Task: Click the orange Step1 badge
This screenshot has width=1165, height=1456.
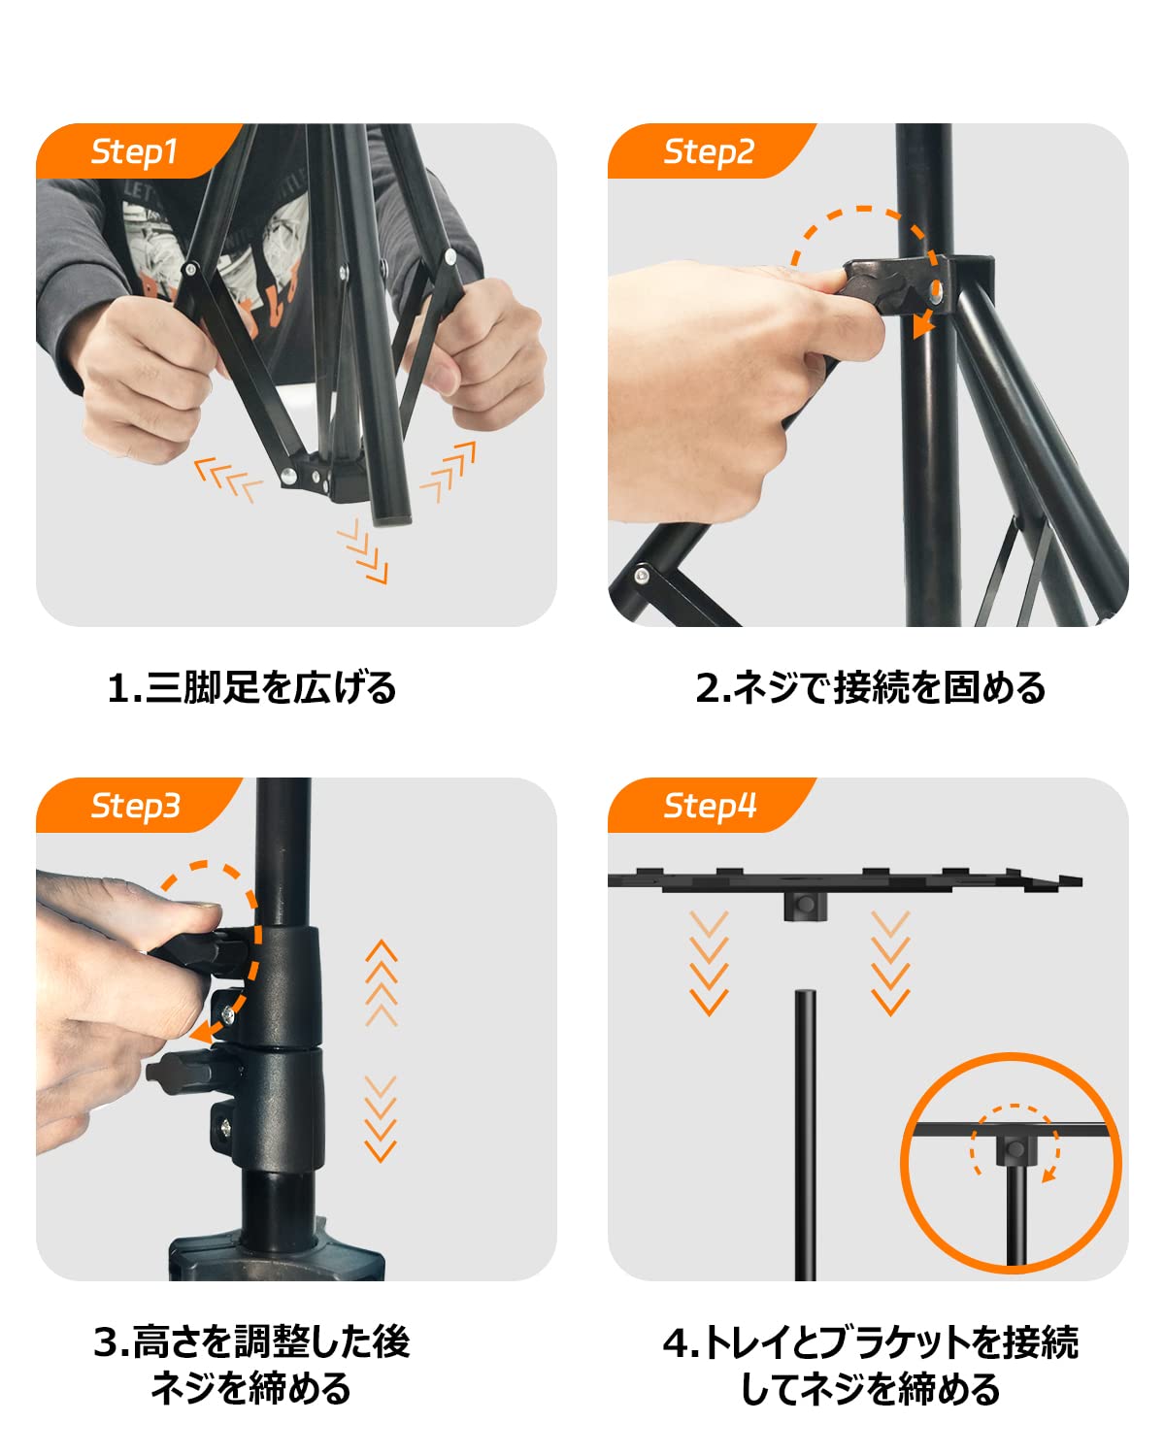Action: [135, 150]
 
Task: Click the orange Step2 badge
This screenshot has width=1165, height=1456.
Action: [708, 150]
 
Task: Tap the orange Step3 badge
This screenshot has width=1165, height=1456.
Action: [135, 805]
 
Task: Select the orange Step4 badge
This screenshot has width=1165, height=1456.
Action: [708, 805]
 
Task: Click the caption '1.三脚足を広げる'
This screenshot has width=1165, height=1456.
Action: [251, 687]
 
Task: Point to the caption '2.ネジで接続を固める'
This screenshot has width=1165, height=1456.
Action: [871, 687]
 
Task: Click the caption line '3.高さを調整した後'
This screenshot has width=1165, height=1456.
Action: [251, 1341]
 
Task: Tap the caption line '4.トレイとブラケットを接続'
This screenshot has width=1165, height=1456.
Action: [871, 1343]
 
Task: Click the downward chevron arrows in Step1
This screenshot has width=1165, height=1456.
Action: [363, 551]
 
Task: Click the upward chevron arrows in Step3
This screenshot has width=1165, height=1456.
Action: [382, 983]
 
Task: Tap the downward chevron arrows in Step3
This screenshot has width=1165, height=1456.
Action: [381, 1119]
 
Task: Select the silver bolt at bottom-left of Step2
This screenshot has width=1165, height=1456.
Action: [641, 576]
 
